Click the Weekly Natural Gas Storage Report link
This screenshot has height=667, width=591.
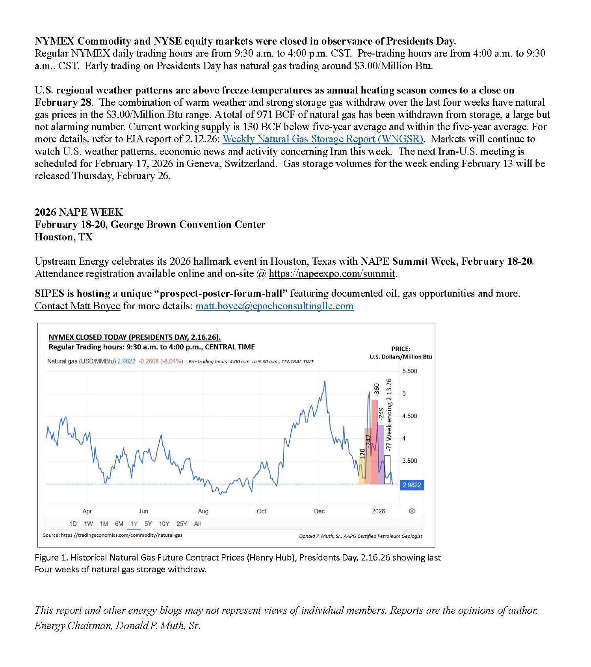323,139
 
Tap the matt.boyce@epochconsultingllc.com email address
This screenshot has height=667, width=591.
274,306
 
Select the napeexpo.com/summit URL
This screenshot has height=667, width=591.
332,273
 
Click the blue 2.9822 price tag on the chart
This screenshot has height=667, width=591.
412,485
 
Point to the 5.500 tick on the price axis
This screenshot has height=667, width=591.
409,371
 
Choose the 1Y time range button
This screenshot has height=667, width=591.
134,524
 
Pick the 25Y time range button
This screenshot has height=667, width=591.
182,524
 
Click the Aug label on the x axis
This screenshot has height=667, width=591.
203,511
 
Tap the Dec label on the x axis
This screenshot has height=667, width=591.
319,511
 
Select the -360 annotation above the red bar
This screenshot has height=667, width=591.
376,389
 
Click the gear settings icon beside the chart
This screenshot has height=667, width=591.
412,511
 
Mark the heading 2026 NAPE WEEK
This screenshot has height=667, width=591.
79,212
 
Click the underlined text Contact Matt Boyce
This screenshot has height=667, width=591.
77,306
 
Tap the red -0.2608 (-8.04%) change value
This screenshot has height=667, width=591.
160,361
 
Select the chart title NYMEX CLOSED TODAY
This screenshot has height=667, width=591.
134,337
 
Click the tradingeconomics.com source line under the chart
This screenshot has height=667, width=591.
112,535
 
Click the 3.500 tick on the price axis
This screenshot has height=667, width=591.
409,461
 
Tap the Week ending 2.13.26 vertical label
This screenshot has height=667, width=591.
389,414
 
